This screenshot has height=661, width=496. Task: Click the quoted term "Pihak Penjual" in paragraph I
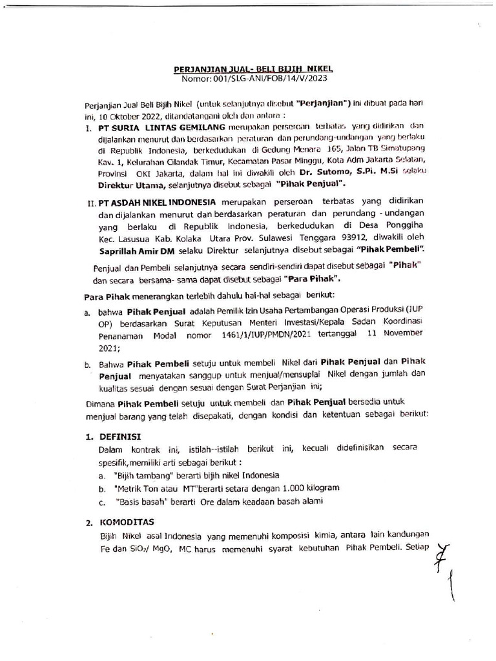pyautogui.click(x=307, y=185)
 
